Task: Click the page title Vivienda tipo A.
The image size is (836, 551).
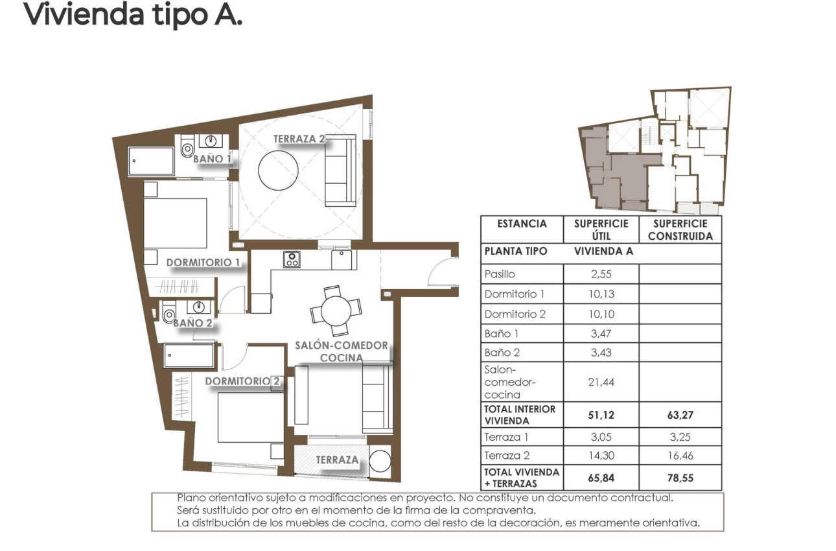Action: (x=133, y=14)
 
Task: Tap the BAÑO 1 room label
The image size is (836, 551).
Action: (x=211, y=159)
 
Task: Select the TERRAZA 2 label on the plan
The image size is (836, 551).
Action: (x=298, y=139)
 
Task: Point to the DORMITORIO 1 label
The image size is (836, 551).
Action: (x=203, y=263)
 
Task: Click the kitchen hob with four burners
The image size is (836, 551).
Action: (x=292, y=259)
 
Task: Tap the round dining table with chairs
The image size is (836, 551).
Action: (x=335, y=309)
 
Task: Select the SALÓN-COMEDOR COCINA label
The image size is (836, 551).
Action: (x=341, y=351)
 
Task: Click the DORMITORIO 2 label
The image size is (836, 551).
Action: (x=242, y=381)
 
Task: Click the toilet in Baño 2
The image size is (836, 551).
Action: (x=170, y=315)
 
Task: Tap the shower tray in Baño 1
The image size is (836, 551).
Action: (x=151, y=161)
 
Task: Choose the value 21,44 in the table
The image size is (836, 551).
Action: (x=601, y=382)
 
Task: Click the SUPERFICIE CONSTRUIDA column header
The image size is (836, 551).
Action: (x=680, y=229)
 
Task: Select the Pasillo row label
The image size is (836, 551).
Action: (x=500, y=274)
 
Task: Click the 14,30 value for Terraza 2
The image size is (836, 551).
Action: (x=601, y=456)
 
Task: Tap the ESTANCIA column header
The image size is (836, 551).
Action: (x=522, y=224)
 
